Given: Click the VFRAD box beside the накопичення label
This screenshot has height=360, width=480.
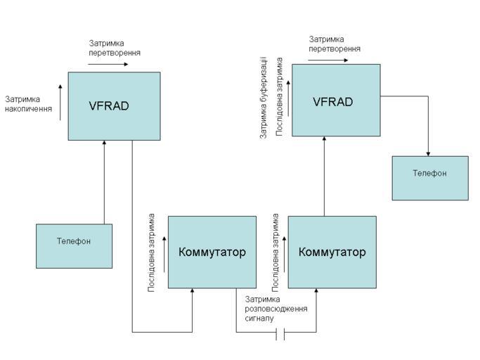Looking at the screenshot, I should pos(114,106).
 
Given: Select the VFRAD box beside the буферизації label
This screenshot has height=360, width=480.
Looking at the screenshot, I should pos(336,100).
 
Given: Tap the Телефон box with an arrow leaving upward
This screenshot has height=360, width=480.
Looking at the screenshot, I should pos(74,246).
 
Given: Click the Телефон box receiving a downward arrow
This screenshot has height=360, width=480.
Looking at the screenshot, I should pos(429,178).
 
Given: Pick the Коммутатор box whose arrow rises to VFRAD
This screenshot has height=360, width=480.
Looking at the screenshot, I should pos(332,252).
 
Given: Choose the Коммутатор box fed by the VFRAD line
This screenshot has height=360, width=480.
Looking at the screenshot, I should pos(212,252).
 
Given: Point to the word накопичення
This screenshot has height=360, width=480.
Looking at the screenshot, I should pos(28,109).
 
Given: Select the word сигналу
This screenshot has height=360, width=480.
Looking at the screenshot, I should pos(259,319).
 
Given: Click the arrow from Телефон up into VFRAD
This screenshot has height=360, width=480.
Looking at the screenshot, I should pos(104,183).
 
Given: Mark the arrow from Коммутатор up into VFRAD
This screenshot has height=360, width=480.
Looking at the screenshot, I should pos(325,176).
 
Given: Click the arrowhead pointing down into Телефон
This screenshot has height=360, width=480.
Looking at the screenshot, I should pos(429,153).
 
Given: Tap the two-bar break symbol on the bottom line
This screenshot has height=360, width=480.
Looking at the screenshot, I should pos(281,333).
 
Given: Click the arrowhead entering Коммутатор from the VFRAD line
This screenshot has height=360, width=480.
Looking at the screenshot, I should pos(193,292).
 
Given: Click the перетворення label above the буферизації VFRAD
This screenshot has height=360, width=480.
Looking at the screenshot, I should pos(335,49).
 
